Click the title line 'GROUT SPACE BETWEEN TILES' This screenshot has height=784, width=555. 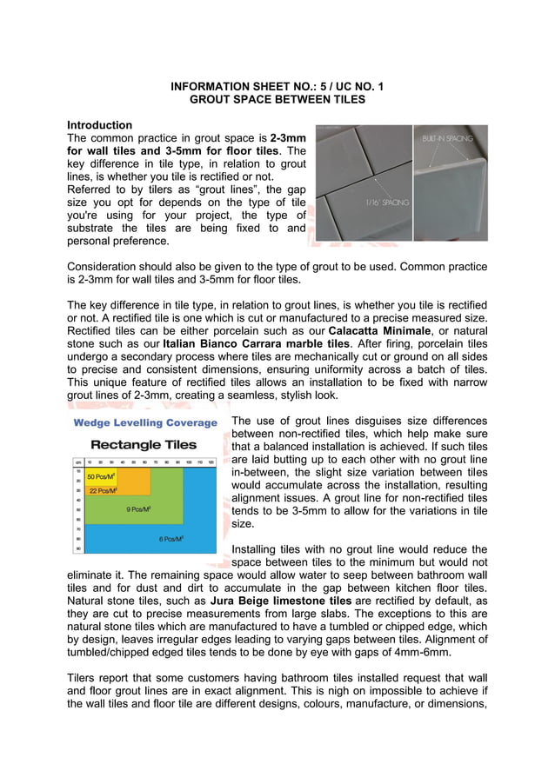coord(277,100)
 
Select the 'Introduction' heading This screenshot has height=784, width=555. coord(100,125)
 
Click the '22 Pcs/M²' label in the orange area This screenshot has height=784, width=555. coord(103,490)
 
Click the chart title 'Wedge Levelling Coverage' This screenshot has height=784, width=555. coord(145,423)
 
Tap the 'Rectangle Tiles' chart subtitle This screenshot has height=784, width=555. coord(145,444)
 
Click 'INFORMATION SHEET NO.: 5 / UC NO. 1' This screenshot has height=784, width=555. coord(277,87)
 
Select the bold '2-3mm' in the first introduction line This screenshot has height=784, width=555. coord(288,138)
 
